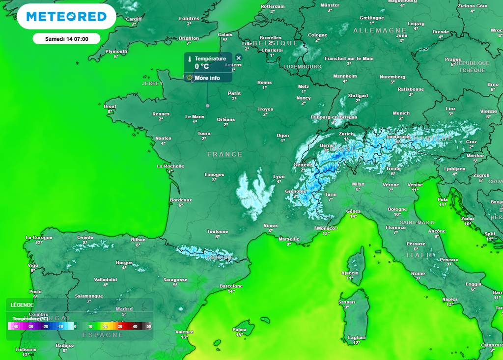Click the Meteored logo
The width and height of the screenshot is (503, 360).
(x=66, y=17)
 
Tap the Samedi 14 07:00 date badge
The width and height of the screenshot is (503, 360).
(x=66, y=39)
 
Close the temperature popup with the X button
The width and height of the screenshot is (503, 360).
(x=239, y=58)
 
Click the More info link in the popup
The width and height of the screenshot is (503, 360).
(x=207, y=78)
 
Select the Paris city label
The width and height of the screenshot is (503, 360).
(x=234, y=93)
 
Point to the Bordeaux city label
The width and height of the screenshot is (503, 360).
(x=180, y=200)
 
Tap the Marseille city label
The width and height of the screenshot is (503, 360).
(x=289, y=239)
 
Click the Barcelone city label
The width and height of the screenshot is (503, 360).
(x=231, y=286)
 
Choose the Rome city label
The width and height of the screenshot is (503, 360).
(x=418, y=274)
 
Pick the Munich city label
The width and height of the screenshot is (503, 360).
(x=401, y=113)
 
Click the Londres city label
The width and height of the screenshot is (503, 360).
(x=189, y=19)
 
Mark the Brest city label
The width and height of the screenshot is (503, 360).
(x=110, y=106)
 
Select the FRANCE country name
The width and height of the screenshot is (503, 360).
(x=224, y=154)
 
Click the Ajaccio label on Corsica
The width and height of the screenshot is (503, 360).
(x=350, y=273)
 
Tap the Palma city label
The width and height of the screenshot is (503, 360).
(x=239, y=330)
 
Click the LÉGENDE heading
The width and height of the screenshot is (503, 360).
(x=22, y=305)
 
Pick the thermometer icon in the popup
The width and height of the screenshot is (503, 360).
(x=189, y=59)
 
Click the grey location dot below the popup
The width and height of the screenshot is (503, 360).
(x=207, y=106)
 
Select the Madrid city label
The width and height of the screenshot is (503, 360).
(x=124, y=309)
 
